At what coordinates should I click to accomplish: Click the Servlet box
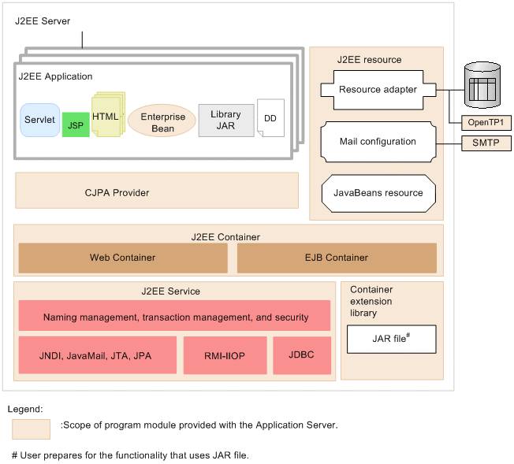(x=39, y=120)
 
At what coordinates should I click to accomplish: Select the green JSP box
(x=76, y=124)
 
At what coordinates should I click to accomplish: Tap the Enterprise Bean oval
(x=162, y=122)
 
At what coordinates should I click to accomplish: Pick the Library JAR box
(x=225, y=120)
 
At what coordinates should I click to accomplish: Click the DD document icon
(x=270, y=118)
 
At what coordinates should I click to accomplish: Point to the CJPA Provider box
(x=156, y=191)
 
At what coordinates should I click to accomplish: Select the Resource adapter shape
(x=378, y=90)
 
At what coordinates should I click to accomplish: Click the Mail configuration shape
(x=378, y=142)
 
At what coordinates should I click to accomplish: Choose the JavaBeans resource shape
(x=378, y=193)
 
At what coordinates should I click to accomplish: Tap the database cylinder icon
(x=482, y=84)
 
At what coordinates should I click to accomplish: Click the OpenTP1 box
(x=479, y=122)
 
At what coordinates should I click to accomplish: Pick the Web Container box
(x=122, y=258)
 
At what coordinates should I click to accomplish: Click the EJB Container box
(x=337, y=258)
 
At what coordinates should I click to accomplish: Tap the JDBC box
(x=302, y=355)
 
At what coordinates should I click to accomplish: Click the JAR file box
(x=391, y=339)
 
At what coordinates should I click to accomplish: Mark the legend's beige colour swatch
(x=32, y=429)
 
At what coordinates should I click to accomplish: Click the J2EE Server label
(x=43, y=21)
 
